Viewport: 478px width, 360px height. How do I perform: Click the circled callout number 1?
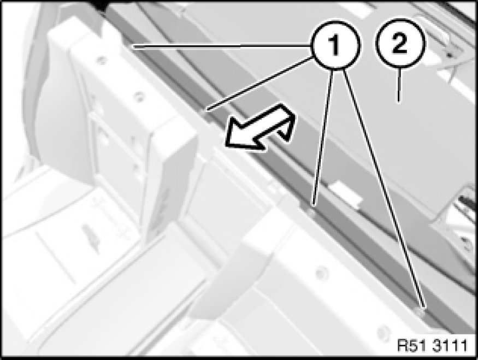(335, 44)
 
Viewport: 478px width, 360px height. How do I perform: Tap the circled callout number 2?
(400, 43)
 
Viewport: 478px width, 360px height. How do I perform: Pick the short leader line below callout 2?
(399, 85)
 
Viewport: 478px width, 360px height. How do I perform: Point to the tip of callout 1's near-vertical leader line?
(313, 204)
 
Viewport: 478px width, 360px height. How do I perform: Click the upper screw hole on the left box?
(102, 60)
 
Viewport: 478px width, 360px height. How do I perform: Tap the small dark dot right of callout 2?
(449, 55)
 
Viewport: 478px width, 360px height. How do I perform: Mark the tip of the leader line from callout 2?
(399, 102)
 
